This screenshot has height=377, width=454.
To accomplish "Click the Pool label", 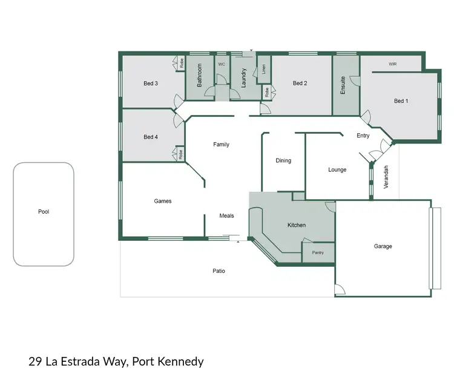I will (43, 212).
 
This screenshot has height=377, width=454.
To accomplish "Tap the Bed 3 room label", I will (151, 84).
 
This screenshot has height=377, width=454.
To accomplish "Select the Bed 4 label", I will (151, 137).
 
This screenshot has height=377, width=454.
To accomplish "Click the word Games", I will (163, 201).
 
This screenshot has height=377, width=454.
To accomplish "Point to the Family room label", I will (221, 145).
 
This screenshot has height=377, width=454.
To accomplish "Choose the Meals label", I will (226, 215).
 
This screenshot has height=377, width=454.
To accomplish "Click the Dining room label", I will (283, 160).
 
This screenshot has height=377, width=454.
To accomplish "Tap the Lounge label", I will (337, 169).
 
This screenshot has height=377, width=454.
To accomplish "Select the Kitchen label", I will (297, 225).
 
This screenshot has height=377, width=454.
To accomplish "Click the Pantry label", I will (318, 252).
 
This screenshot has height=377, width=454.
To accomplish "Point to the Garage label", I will (383, 246).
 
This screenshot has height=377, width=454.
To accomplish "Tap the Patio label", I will (219, 270).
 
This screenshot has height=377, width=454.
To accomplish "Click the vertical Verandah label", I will (386, 177).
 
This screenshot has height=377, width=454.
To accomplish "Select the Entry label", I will (363, 136).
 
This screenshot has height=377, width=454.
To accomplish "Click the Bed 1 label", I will (401, 101).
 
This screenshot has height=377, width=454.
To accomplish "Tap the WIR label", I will (392, 64).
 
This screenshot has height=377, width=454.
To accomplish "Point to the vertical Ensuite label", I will (343, 85).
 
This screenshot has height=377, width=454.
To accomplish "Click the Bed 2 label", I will (300, 84).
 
